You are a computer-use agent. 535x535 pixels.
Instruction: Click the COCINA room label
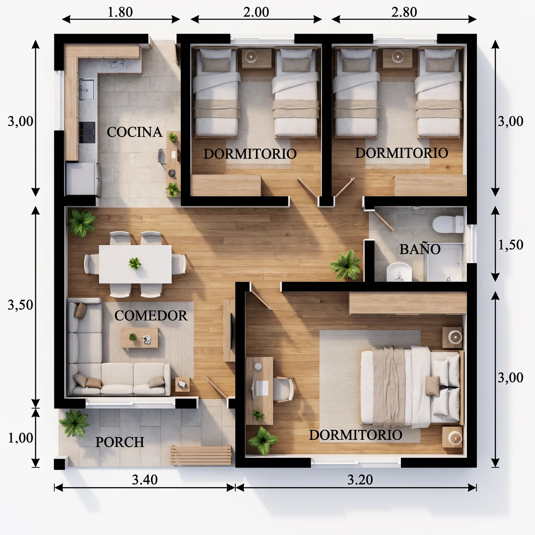pyautogui.click(x=135, y=132)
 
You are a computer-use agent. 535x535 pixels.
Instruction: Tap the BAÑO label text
pyautogui.click(x=420, y=249)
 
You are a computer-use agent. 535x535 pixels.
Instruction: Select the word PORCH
pyautogui.click(x=120, y=442)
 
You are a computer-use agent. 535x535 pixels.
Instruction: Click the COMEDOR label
pyautogui.click(x=151, y=316)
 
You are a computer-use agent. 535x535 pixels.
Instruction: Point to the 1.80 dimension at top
pyautogui.click(x=120, y=12)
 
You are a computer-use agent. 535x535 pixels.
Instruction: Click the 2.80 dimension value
pyautogui.click(x=404, y=12)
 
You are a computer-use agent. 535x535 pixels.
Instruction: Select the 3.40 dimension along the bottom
pyautogui.click(x=145, y=480)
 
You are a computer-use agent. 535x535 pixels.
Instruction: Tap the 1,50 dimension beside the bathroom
pyautogui.click(x=511, y=245)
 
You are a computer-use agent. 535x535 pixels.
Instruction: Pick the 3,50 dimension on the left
pyautogui.click(x=20, y=305)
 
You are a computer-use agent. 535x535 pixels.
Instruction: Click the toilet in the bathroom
pyautogui.click(x=448, y=224)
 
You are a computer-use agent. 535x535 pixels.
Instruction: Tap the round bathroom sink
pyautogui.click(x=399, y=272)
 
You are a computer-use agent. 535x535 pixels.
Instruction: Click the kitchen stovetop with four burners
pyautogui.click(x=87, y=133)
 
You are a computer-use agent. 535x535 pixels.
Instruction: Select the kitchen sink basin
pyautogui.click(x=87, y=89)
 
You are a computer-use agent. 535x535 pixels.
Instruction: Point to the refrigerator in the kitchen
pyautogui.click(x=84, y=179)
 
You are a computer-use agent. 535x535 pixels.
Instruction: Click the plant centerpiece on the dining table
pyautogui.click(x=135, y=263)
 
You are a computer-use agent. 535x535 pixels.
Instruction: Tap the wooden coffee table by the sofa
pyautogui.click(x=139, y=337)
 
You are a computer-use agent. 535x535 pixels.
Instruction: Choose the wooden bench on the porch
pyautogui.click(x=201, y=455)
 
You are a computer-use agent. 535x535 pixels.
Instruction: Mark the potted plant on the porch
pyautogui.click(x=75, y=423)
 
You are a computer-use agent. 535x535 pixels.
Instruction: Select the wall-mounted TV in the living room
pyautogui.click(x=231, y=331)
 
